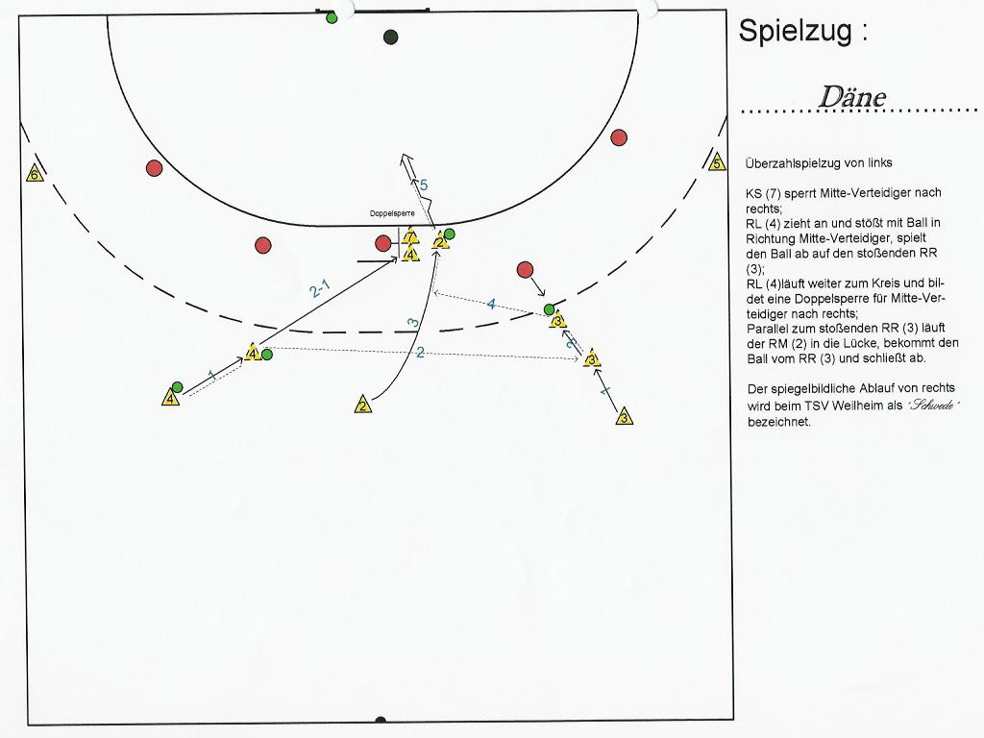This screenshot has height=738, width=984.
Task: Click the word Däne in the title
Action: [x=851, y=97]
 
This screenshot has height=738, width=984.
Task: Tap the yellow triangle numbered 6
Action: [x=35, y=175]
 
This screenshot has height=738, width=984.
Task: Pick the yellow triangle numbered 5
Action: [x=717, y=162]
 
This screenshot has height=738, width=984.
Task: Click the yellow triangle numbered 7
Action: [x=410, y=236]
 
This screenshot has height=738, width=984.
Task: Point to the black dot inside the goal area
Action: [x=390, y=37]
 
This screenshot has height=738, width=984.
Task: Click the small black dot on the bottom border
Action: [x=381, y=720]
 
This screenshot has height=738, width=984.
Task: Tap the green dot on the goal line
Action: [x=332, y=17]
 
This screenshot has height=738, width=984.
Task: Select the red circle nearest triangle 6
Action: [x=154, y=168]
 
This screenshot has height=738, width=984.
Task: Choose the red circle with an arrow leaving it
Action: [x=525, y=269]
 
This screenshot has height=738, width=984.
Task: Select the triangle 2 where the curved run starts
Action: [x=362, y=406]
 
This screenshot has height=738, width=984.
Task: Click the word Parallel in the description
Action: [x=768, y=328]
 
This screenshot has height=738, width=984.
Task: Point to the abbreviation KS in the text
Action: [x=753, y=193]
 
